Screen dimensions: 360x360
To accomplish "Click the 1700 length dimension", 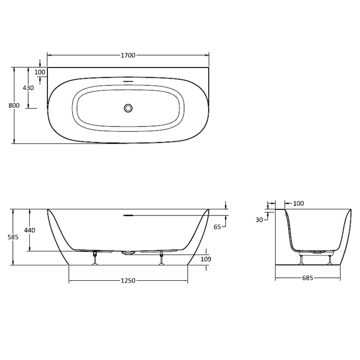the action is [x=128, y=56].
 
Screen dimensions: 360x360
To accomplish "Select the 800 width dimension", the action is [x=14, y=105].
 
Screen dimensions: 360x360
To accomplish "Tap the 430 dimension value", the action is [x=28, y=88].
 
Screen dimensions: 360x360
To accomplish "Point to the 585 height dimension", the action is [x=13, y=237].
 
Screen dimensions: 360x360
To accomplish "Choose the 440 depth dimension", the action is [x=30, y=230].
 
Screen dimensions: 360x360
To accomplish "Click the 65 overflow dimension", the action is [x=217, y=227].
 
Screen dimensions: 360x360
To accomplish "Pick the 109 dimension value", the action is [x=206, y=259].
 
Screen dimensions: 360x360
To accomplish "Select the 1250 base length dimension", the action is [x=128, y=281].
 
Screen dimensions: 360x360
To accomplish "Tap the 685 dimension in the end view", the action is [x=308, y=278].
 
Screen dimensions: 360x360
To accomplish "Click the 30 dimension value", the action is [x=259, y=220].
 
